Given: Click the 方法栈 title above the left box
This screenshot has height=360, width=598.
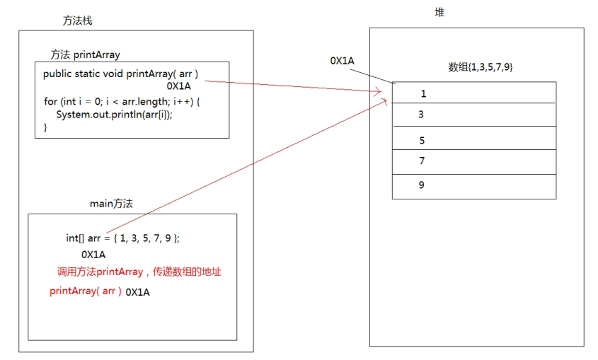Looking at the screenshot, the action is [x=77, y=21].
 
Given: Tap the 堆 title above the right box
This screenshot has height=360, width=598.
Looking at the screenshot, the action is [x=439, y=13].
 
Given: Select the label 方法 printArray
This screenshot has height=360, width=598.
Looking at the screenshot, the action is [x=85, y=55].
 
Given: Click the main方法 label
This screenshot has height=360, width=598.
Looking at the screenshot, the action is [x=111, y=204].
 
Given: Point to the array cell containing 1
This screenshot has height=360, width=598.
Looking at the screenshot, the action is [x=474, y=93].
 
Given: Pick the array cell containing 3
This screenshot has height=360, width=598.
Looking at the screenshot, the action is [x=474, y=115].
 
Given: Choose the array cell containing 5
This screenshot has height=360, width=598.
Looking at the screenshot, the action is [x=474, y=138].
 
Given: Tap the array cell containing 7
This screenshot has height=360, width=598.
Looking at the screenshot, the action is [x=474, y=162].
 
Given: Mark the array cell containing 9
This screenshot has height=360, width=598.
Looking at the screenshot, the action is [x=474, y=187].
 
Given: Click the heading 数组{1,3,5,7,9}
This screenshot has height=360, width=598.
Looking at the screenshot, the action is [x=480, y=67].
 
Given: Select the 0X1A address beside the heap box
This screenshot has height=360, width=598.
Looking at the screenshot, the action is [x=342, y=61].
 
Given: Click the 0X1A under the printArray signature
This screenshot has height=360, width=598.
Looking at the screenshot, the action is [x=178, y=86].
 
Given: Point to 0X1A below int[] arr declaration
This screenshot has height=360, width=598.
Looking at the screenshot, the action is [x=93, y=255].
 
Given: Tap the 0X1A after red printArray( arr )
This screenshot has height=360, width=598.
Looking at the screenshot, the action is [x=138, y=292].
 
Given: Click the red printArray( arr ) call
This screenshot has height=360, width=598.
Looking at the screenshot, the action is [x=86, y=291].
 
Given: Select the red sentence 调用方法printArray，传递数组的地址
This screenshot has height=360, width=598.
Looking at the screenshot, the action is [x=139, y=272].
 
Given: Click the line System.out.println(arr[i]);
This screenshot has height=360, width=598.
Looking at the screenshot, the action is [x=114, y=115].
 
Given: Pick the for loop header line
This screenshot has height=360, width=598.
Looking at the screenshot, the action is [x=122, y=102].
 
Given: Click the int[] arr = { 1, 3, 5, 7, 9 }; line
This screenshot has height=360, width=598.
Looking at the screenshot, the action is [x=123, y=238].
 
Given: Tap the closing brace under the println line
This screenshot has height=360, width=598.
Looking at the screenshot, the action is [x=45, y=127].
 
